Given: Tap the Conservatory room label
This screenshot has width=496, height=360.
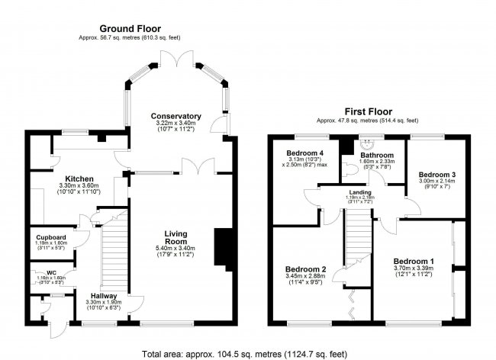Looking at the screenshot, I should coord(176,116).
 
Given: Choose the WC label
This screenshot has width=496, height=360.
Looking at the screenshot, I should coord(51,272).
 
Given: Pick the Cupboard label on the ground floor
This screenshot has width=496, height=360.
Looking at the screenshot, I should coord(51,237).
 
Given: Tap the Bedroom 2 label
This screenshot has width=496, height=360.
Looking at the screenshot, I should coord(306,269).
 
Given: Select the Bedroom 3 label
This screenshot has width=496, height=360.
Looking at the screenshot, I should coord(437,175).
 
